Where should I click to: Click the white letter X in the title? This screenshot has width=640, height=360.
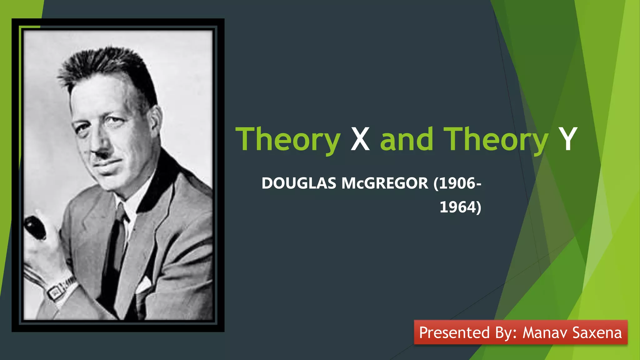coord(360,139)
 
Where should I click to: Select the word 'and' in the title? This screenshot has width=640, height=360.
coord(407,139)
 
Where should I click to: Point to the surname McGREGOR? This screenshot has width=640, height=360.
coord(385,183)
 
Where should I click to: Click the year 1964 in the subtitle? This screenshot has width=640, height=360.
coord(458,207)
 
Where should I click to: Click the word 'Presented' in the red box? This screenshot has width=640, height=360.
coord(454,332)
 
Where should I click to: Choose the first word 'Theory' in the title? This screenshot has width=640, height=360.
coord(288,139)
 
